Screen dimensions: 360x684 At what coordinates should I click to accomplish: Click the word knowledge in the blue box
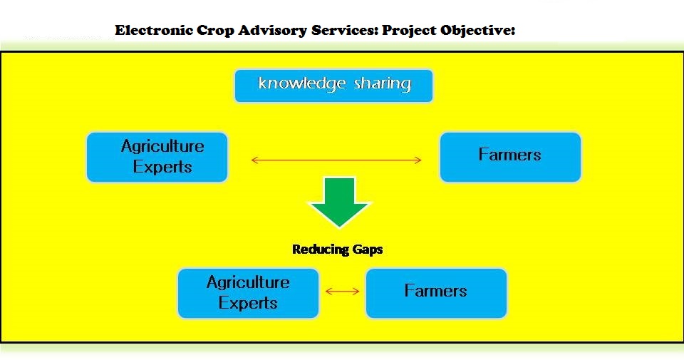(301, 84)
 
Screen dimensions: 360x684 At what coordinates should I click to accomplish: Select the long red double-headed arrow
(336, 160)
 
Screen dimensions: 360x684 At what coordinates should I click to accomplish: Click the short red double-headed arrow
(342, 291)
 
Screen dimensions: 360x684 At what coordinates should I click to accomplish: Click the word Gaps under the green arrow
(367, 250)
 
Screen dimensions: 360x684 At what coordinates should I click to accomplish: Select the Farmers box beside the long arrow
(510, 156)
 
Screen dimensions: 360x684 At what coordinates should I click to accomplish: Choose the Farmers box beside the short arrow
(435, 292)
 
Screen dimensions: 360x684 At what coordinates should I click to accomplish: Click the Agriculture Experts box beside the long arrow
(157, 157)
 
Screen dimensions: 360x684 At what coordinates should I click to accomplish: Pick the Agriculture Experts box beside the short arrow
(248, 292)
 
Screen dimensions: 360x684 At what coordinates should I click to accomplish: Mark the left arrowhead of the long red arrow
(254, 160)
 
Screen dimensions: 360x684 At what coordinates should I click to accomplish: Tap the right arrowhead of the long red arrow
(419, 160)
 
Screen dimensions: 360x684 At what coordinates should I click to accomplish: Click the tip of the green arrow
(339, 226)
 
